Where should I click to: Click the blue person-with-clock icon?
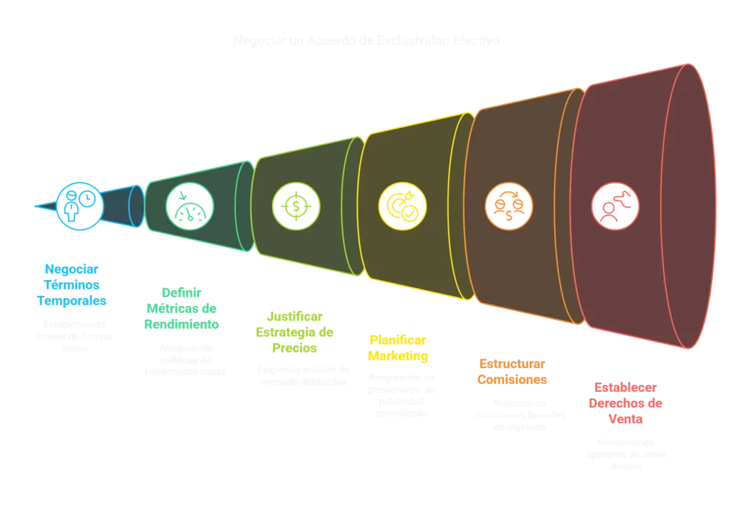tap(80, 206)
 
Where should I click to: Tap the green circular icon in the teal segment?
tap(190, 206)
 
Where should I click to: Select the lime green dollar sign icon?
tap(296, 206)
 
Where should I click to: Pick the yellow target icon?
tap(402, 206)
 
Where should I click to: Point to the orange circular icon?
tap(509, 206)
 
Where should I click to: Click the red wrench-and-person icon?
tap(616, 206)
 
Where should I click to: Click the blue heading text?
tap(72, 285)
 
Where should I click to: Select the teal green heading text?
tap(182, 308)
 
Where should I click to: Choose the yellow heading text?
tap(397, 347)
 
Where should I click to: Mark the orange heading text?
tap(513, 372)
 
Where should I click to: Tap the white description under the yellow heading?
tap(402, 395)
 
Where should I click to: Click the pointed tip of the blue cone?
tap(36, 206)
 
